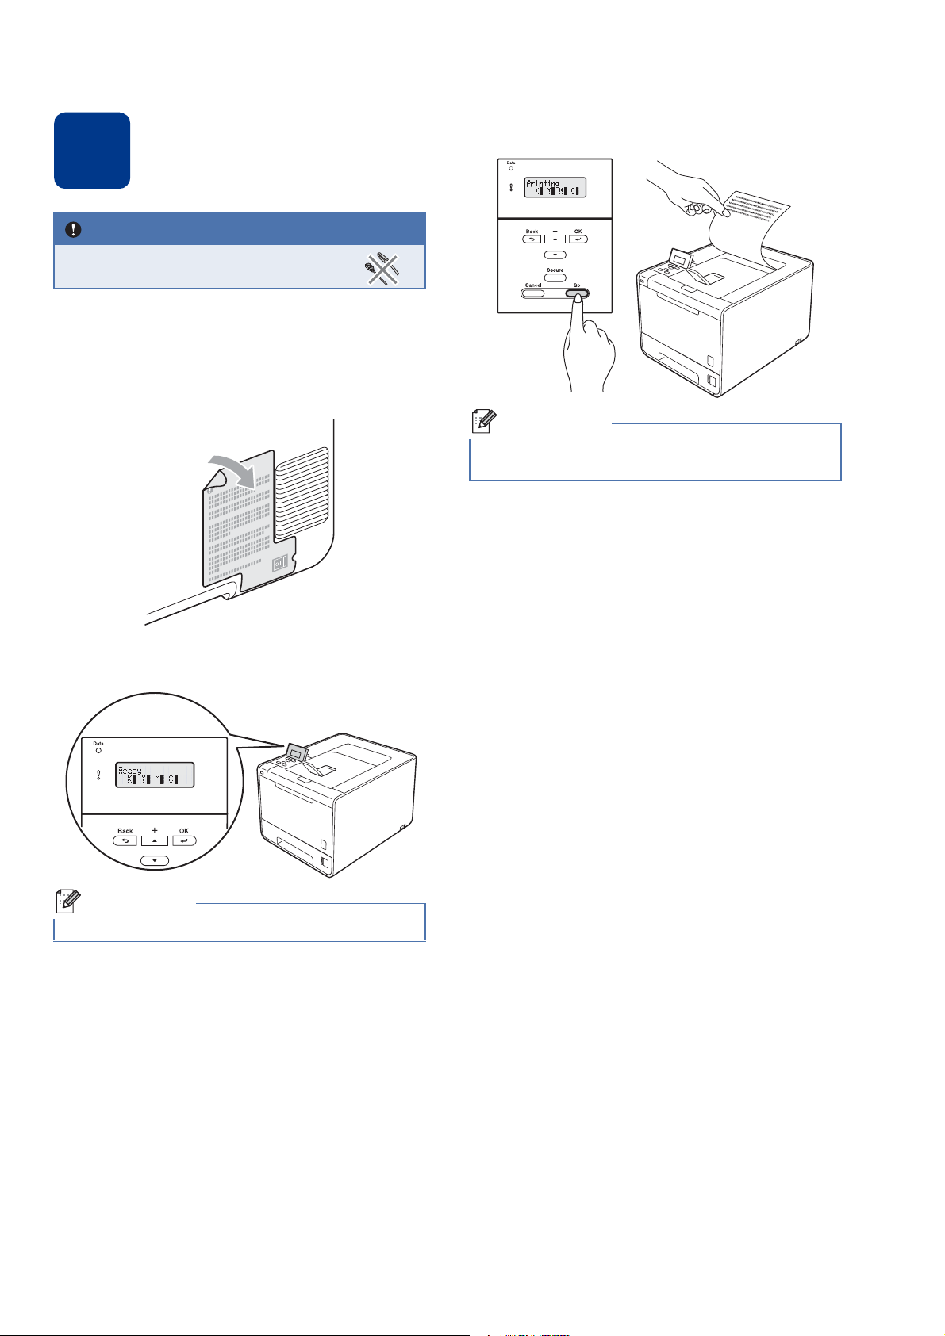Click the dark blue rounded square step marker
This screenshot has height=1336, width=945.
92,151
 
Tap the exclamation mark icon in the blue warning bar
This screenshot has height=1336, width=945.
74,229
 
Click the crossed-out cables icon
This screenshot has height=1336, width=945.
382,268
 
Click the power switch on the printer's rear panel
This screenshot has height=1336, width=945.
279,565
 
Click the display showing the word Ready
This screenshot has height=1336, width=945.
155,775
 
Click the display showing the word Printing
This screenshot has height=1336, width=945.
555,187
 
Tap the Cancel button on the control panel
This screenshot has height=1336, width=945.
533,293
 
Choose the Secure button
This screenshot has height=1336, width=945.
555,278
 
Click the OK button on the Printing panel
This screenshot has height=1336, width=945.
578,239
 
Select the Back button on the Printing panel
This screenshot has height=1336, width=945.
532,239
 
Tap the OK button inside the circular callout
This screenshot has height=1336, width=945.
184,840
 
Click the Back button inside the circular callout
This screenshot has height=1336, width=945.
125,840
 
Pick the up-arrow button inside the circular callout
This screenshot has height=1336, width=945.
155,840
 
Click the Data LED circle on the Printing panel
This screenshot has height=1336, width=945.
511,169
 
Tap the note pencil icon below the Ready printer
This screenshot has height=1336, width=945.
66,901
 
